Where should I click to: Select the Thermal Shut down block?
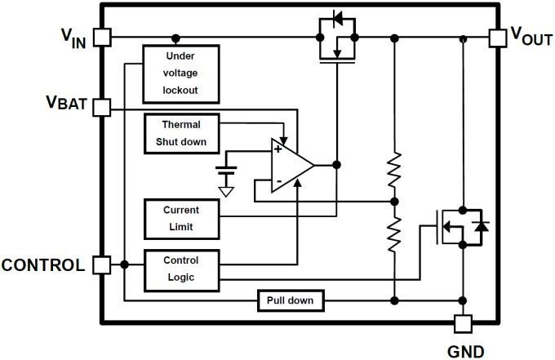tap(181, 132)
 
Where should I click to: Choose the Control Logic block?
tap(181, 269)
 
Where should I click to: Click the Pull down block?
tap(290, 301)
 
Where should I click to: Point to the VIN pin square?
tap(102, 38)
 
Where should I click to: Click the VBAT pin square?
tap(102, 108)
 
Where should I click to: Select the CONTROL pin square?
tap(102, 264)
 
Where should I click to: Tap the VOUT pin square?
tap(497, 38)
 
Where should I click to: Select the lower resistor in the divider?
tap(394, 233)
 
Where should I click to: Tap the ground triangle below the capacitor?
tap(226, 192)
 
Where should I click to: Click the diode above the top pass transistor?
tap(336, 18)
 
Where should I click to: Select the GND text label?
tap(465, 350)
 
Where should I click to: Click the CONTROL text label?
tap(43, 265)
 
